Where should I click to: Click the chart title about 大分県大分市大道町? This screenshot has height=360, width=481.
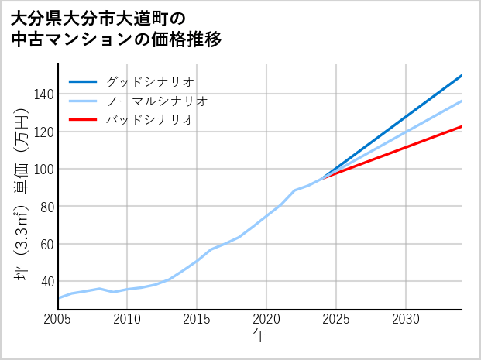point(116,28)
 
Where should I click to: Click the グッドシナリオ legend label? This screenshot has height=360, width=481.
point(149,81)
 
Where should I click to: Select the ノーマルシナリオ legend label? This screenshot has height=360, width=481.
point(156,101)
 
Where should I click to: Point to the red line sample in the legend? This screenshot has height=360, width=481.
point(83,120)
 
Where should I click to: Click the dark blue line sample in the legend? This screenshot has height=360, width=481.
point(83,81)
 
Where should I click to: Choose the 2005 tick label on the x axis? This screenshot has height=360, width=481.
point(58,319)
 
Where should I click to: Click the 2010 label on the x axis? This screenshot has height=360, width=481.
point(127,319)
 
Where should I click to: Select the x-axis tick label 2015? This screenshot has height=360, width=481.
point(197,319)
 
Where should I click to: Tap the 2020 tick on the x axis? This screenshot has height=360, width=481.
point(266,319)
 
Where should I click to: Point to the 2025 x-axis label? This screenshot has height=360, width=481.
point(336,319)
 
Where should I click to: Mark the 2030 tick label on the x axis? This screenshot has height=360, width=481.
point(406,319)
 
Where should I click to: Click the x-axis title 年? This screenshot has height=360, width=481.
point(259,336)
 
